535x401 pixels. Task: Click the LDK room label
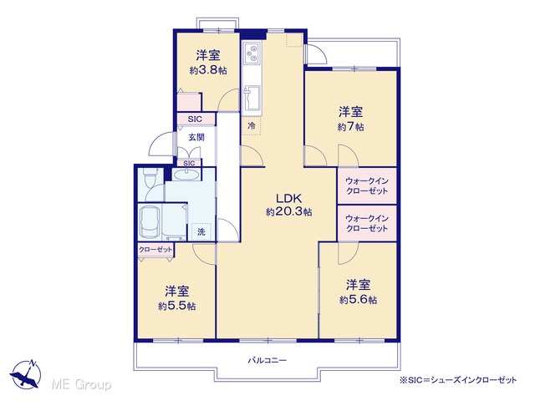288,198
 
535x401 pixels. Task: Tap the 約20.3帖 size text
288,212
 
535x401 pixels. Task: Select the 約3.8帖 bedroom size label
208,70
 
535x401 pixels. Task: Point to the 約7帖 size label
351,127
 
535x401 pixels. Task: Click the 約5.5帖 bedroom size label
176,306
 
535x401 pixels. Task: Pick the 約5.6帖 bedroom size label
359,300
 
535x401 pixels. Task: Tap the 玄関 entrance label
196,137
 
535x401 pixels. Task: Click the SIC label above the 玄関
195,119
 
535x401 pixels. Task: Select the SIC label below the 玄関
189,163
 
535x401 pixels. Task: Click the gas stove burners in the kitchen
252,53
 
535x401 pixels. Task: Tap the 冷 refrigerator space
252,125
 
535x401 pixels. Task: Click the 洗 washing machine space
201,232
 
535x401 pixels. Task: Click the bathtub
150,222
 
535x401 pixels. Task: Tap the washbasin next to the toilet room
186,175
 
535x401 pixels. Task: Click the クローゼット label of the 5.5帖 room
155,250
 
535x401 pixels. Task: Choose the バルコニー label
267,360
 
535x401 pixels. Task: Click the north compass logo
26,373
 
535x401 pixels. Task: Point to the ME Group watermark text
81,384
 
